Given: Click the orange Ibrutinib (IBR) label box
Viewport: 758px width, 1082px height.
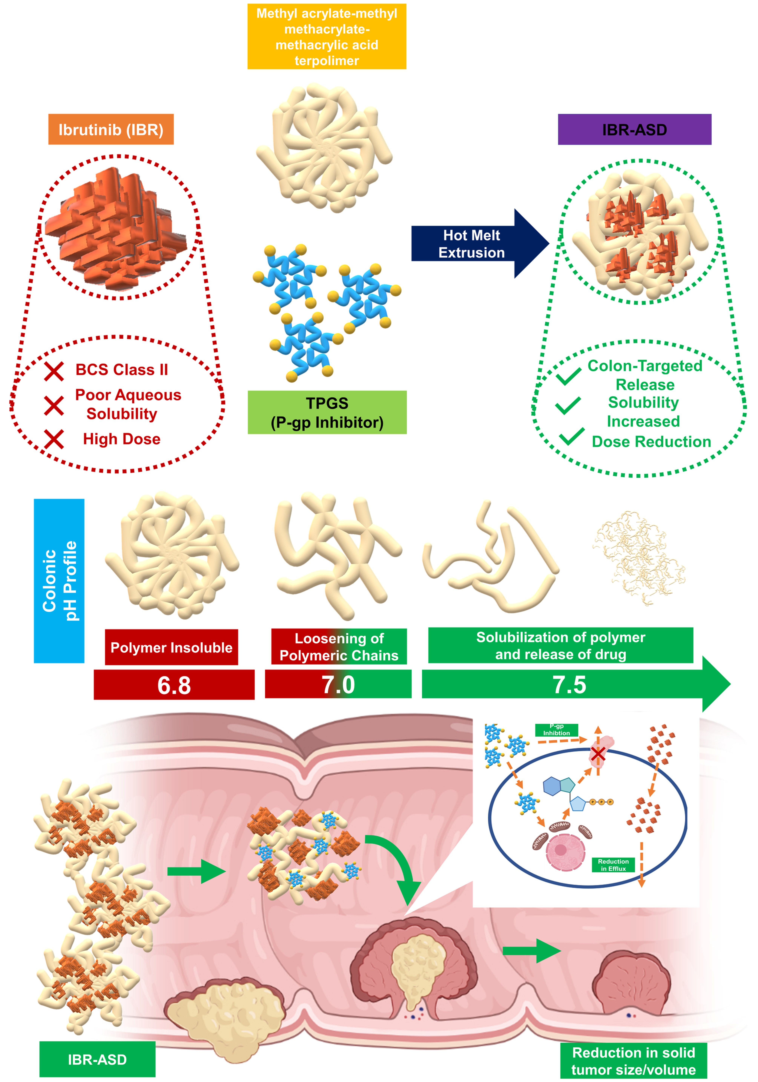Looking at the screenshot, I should [111, 129].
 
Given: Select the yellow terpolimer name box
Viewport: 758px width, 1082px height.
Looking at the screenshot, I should [327, 37].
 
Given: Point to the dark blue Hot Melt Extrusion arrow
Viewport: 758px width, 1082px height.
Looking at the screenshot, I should [476, 244].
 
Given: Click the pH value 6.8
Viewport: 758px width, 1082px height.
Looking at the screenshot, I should [174, 685].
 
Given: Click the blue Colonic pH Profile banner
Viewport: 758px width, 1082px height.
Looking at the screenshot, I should [59, 581].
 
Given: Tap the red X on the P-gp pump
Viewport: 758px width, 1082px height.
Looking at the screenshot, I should [598, 754].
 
